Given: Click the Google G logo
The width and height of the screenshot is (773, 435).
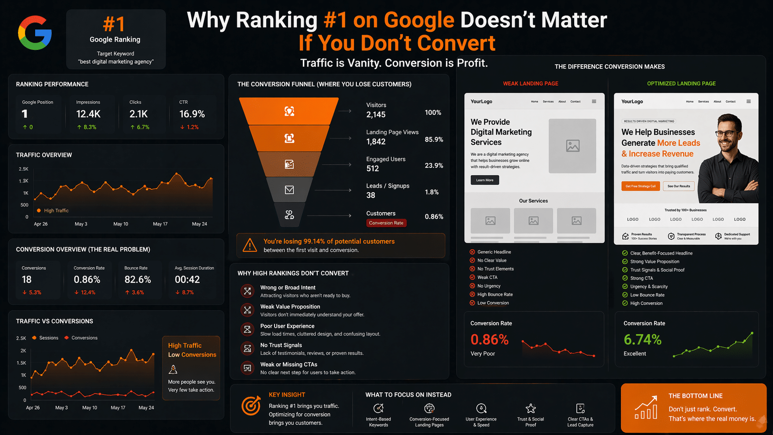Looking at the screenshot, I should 35,33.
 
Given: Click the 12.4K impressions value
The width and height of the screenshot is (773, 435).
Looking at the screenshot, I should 88,114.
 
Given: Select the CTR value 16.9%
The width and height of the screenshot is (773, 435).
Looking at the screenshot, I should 192,114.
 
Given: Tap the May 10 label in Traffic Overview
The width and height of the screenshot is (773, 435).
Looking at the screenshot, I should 121,224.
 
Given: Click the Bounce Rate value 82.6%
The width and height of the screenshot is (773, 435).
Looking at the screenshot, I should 137,280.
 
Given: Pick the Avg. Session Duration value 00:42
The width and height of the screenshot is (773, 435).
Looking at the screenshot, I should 187,280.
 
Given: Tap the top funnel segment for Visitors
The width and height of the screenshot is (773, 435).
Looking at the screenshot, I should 289,111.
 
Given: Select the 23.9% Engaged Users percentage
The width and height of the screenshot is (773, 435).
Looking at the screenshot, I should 434,165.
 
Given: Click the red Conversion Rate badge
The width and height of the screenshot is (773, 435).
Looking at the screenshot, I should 386,223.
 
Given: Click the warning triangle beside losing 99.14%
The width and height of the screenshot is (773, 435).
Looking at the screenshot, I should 250,245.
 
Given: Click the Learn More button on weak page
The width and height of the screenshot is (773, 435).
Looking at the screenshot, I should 485,180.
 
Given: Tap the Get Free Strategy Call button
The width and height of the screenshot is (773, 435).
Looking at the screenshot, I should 640,186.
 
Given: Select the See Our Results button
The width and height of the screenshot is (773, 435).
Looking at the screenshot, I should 678,186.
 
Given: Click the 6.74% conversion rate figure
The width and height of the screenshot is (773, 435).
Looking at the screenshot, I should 642,340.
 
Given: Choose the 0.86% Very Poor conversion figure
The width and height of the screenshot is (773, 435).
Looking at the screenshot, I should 489,340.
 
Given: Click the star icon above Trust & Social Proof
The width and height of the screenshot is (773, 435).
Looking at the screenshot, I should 530,408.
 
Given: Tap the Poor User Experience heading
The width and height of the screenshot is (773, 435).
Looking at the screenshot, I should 287,326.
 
